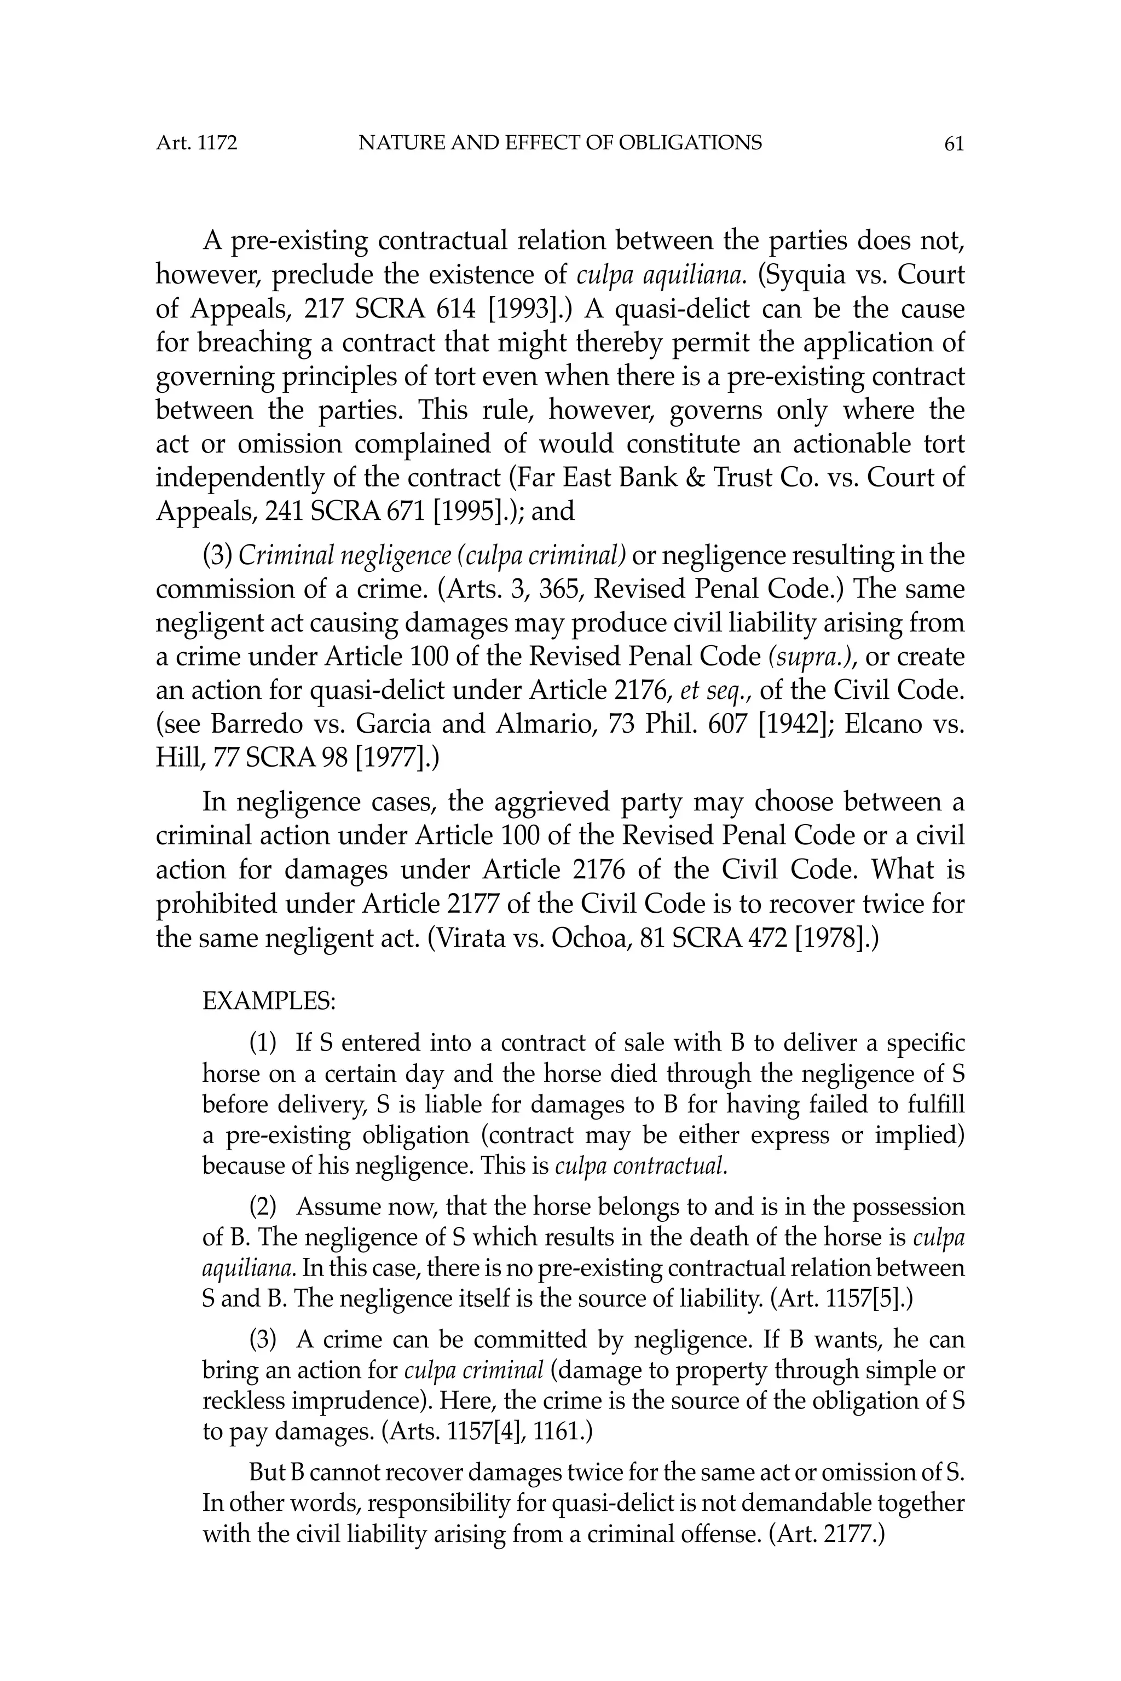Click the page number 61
pyautogui.click(x=954, y=144)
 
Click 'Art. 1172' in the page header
pyautogui.click(x=197, y=144)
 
